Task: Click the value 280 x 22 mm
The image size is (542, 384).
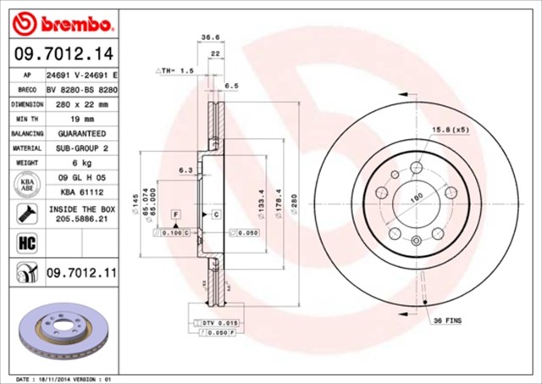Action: coord(81,104)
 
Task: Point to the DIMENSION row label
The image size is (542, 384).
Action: coord(26,104)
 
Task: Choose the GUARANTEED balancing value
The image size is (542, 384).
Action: coord(81,134)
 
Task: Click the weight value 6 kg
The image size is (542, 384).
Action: coord(81,163)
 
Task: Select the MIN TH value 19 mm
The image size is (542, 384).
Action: coord(81,120)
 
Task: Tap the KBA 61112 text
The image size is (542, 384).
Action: coord(81,192)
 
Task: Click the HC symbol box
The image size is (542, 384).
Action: coord(26,242)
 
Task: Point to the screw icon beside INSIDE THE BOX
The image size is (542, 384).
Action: coord(26,213)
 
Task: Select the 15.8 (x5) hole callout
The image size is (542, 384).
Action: coord(451,129)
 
